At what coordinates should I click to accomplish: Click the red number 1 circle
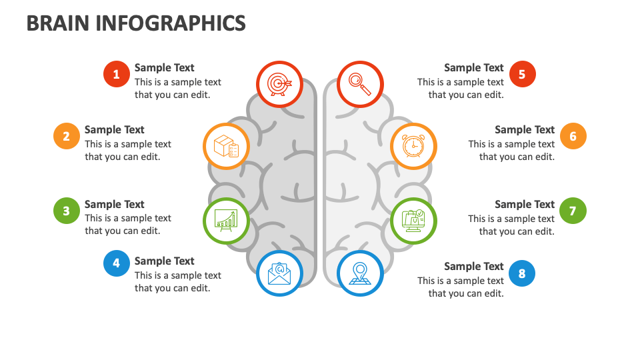click(116, 74)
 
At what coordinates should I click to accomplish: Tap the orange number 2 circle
click(66, 136)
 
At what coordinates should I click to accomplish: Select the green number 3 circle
click(66, 211)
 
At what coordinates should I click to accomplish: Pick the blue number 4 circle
click(116, 263)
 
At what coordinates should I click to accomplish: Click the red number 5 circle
click(522, 74)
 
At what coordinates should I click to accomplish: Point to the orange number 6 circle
click(573, 136)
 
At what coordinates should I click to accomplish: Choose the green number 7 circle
click(573, 211)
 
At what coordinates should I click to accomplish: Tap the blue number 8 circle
click(522, 273)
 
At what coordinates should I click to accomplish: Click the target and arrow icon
click(279, 84)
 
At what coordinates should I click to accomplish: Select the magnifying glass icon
click(359, 84)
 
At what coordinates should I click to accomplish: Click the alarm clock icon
click(413, 145)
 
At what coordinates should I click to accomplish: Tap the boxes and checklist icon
click(226, 145)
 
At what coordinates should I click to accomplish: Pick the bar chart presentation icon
click(226, 219)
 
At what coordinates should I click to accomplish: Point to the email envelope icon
click(279, 273)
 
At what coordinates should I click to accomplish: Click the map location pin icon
click(359, 273)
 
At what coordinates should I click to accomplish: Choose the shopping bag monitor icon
click(413, 219)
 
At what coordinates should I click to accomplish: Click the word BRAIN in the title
click(57, 23)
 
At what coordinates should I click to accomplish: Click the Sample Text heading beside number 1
click(164, 67)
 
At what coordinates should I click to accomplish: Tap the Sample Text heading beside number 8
click(473, 266)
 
